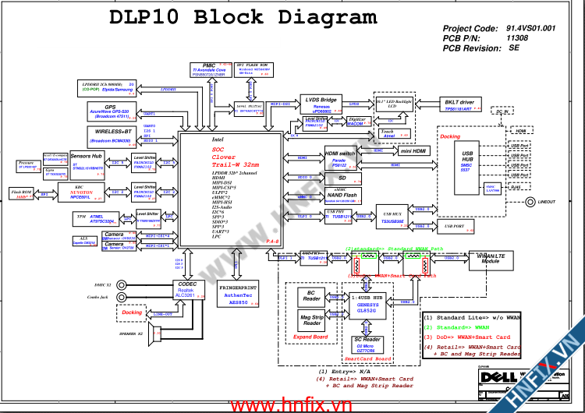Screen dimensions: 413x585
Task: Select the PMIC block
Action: point(208,69)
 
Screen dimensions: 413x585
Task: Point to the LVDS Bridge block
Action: point(321,104)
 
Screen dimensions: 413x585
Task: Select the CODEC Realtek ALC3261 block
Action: point(186,289)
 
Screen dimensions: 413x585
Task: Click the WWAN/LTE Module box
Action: point(491,259)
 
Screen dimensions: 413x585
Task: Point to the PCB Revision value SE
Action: point(514,48)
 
